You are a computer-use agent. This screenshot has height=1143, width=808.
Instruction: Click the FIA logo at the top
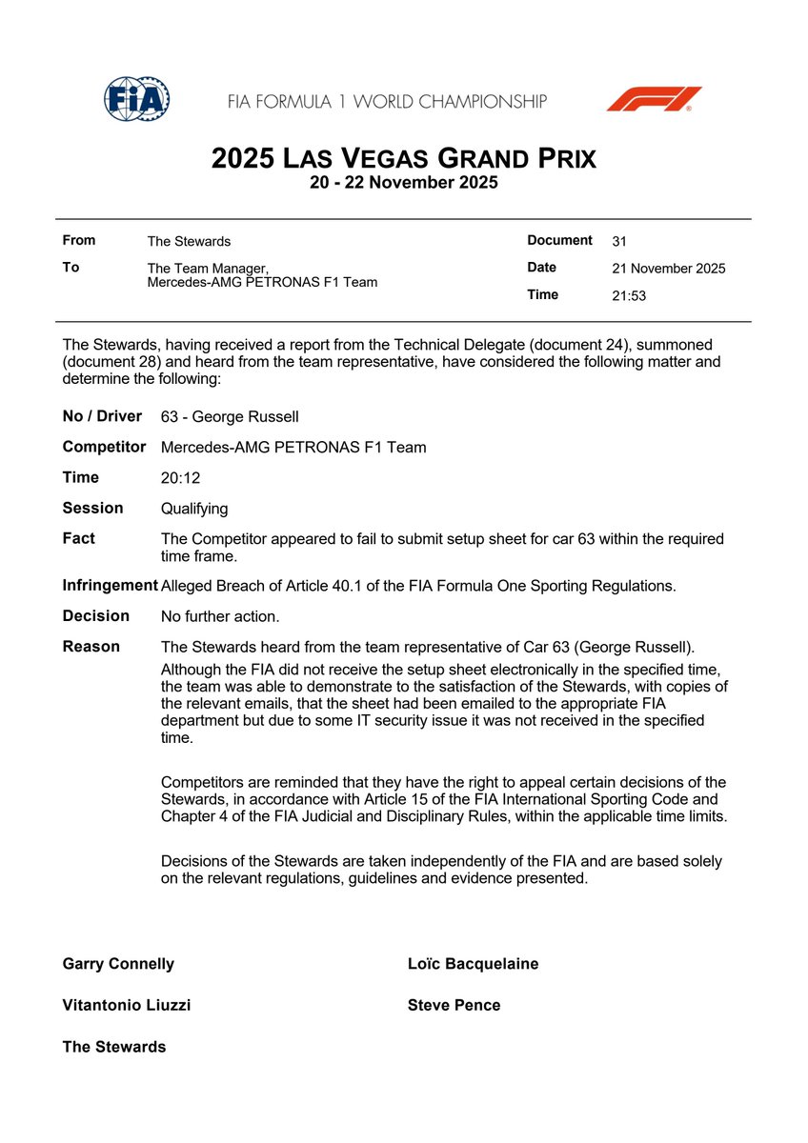pyautogui.click(x=136, y=98)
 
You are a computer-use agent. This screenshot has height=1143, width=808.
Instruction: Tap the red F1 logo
pyautogui.click(x=654, y=98)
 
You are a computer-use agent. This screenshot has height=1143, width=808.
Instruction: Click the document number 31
pyautogui.click(x=619, y=242)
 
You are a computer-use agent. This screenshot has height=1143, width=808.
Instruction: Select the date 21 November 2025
pyautogui.click(x=668, y=269)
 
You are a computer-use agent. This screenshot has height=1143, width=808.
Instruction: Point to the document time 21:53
pyautogui.click(x=629, y=295)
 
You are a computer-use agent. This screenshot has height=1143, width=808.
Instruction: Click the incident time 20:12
pyautogui.click(x=180, y=478)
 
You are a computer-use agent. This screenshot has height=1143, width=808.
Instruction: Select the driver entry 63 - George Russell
pyautogui.click(x=230, y=417)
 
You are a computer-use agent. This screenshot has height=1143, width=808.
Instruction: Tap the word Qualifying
pyautogui.click(x=194, y=509)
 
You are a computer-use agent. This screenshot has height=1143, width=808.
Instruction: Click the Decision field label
pyautogui.click(x=95, y=615)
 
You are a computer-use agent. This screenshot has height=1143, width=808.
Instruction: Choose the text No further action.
pyautogui.click(x=220, y=616)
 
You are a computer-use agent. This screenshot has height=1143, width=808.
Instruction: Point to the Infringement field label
pyautogui.click(x=110, y=585)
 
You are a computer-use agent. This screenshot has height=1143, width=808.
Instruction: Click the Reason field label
pyautogui.click(x=91, y=647)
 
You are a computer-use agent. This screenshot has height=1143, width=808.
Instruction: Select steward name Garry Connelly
pyautogui.click(x=118, y=964)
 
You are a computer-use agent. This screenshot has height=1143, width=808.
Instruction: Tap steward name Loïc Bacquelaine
pyautogui.click(x=473, y=964)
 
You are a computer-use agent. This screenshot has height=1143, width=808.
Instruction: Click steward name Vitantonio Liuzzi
pyautogui.click(x=127, y=1005)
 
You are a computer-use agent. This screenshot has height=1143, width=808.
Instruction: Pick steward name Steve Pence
pyautogui.click(x=454, y=1005)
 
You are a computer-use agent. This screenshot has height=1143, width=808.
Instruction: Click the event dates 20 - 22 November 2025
pyautogui.click(x=403, y=183)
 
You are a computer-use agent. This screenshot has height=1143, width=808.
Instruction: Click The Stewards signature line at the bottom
pyautogui.click(x=114, y=1047)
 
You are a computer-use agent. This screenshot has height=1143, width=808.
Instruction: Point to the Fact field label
pyautogui.click(x=79, y=538)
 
